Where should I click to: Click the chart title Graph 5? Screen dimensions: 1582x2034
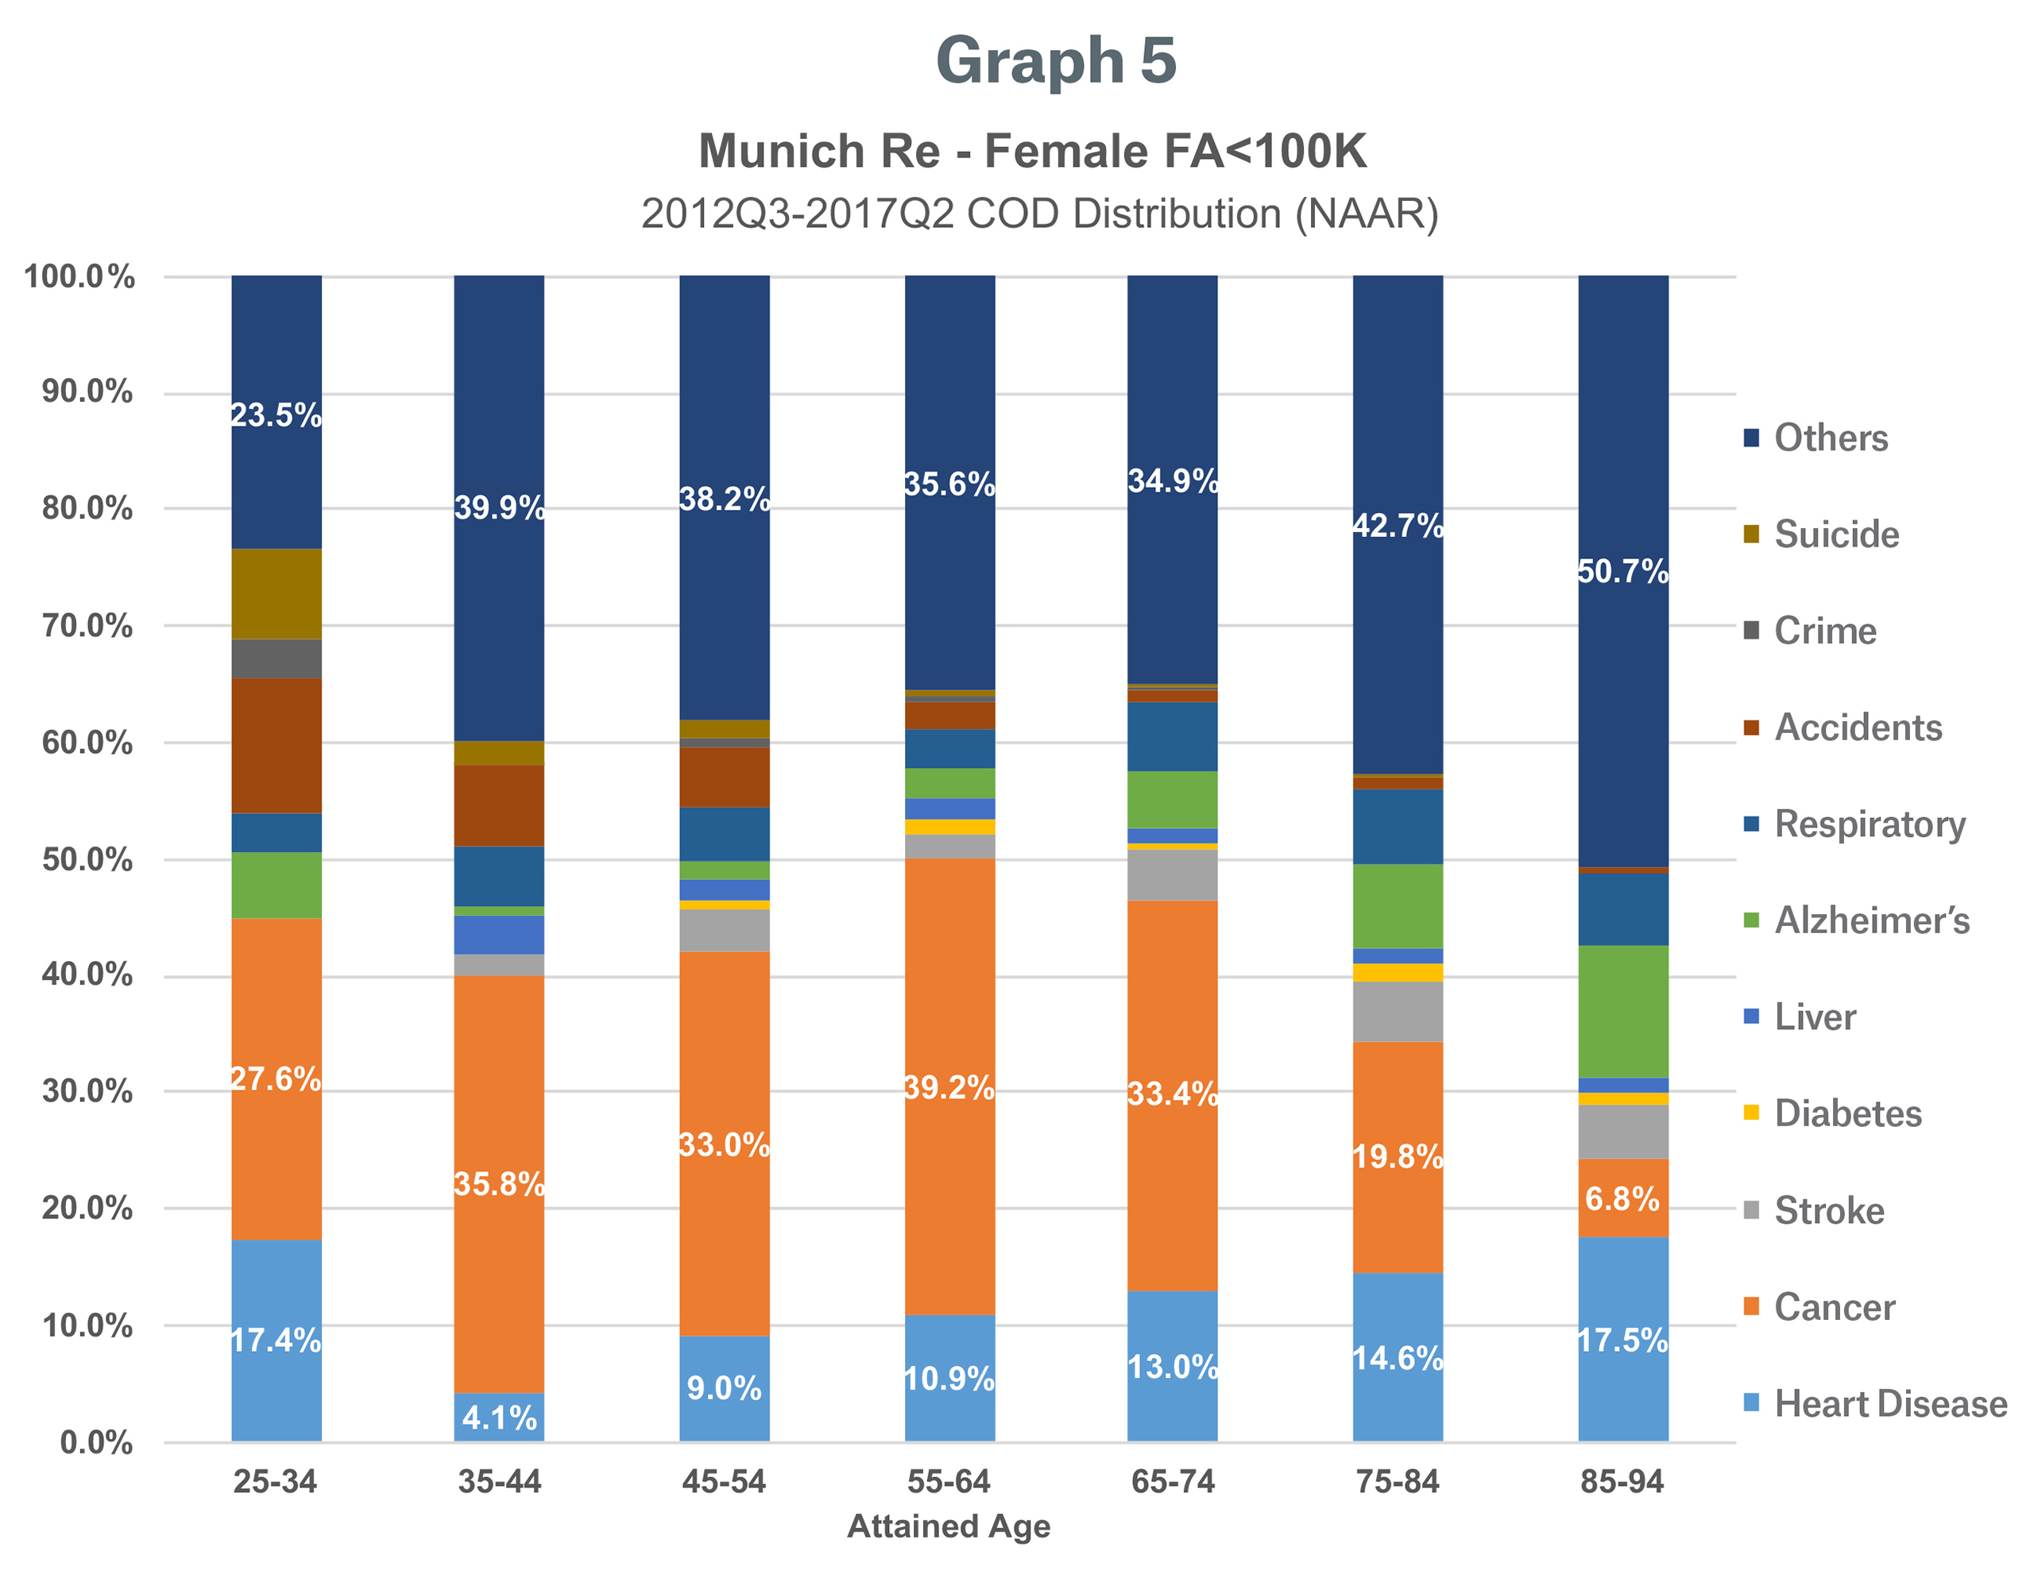[1055, 61]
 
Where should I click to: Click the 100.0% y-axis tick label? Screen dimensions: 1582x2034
[79, 276]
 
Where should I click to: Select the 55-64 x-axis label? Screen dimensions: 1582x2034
[949, 1480]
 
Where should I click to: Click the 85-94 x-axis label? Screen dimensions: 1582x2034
[1622, 1480]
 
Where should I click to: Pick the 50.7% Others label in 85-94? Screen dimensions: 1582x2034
[1622, 571]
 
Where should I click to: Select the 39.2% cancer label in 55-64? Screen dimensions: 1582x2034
[949, 1086]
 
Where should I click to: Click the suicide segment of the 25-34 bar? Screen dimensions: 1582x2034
[276, 593]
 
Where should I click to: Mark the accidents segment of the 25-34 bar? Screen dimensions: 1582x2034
[276, 745]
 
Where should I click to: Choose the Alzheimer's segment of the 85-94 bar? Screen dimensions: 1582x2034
[1622, 1011]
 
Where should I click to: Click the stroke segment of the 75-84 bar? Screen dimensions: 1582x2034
[1397, 1011]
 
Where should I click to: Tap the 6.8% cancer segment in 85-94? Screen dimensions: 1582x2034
[1622, 1198]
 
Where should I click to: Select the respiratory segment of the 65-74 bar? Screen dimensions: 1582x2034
[1172, 735]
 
